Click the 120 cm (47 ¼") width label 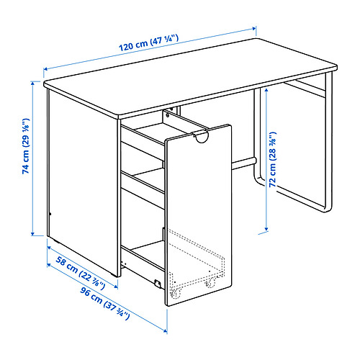point(149,43)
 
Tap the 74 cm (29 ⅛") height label point(26,146)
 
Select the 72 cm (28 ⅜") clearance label point(273,159)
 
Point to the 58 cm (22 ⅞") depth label point(81,273)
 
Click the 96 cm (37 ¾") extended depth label point(105,303)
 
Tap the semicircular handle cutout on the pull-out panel point(201,138)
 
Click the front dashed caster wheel point(176,293)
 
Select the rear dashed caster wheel point(210,282)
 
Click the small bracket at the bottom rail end point(158,283)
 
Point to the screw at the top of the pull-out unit point(168,115)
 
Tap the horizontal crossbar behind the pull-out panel point(243,163)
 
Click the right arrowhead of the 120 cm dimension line point(254,29)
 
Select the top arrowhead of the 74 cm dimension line point(33,83)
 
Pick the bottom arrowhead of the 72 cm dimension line point(266,229)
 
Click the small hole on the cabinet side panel point(50,214)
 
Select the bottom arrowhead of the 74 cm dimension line point(33,233)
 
